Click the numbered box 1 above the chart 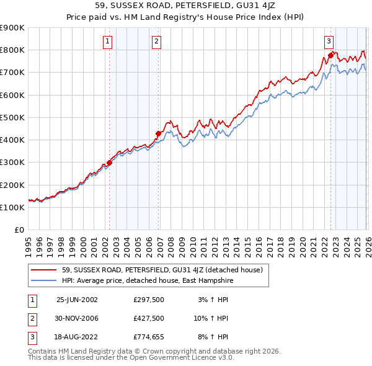[108, 42]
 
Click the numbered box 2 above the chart [156, 42]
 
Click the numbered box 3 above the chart [329, 42]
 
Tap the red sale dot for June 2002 [110, 163]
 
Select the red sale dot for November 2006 [159, 133]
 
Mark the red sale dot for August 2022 [330, 55]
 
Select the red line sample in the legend [44, 270]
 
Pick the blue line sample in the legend [44, 280]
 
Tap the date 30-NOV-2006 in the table [77, 318]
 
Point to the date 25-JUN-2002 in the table [77, 300]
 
